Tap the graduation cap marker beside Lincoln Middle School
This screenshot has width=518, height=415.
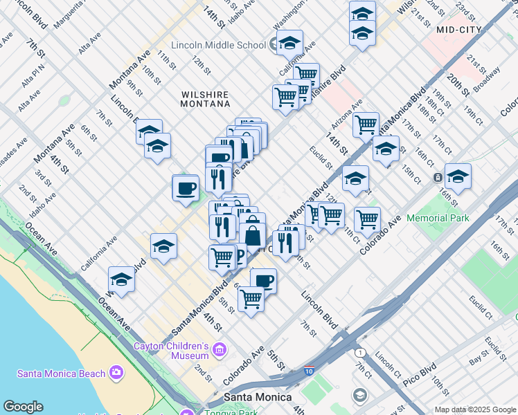click(289, 43)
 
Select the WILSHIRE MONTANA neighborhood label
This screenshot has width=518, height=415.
click(196, 98)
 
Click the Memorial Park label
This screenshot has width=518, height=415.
click(437, 218)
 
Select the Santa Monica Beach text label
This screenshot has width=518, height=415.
click(61, 373)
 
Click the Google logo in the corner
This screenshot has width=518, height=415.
click(22, 407)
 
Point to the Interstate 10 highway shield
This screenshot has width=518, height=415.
click(309, 371)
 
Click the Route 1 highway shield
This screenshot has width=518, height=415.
click(360, 352)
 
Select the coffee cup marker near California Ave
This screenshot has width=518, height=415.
click(186, 188)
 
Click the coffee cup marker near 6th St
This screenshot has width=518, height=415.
click(262, 281)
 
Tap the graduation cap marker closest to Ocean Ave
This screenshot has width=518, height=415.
click(121, 280)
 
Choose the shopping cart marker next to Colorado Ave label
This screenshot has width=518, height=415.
click(367, 221)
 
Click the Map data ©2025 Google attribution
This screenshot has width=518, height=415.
click(475, 409)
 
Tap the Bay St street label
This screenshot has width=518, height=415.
click(479, 358)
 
